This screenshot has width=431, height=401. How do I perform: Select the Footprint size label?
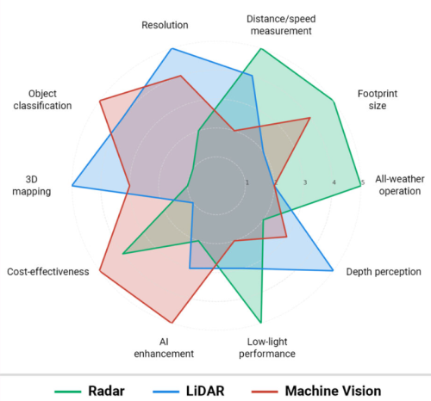point(372,99)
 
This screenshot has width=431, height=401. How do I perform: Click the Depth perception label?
point(384,272)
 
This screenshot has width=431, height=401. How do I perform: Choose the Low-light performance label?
point(265,347)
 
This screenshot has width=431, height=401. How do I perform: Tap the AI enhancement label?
point(164,347)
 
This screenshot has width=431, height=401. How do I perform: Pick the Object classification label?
point(49,99)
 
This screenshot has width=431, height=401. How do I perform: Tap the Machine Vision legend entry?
point(330,391)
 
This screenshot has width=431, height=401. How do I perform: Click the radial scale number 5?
point(362,182)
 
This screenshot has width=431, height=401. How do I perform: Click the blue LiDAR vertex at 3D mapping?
point(72,185)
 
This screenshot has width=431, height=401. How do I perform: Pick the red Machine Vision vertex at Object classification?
point(101,100)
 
